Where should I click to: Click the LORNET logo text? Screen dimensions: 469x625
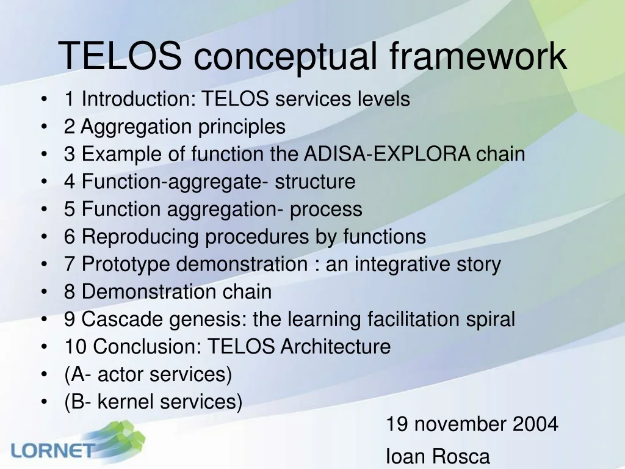click(54, 451)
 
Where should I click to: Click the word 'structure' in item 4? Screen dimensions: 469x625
click(315, 181)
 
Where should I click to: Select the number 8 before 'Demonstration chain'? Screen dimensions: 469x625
click(70, 291)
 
